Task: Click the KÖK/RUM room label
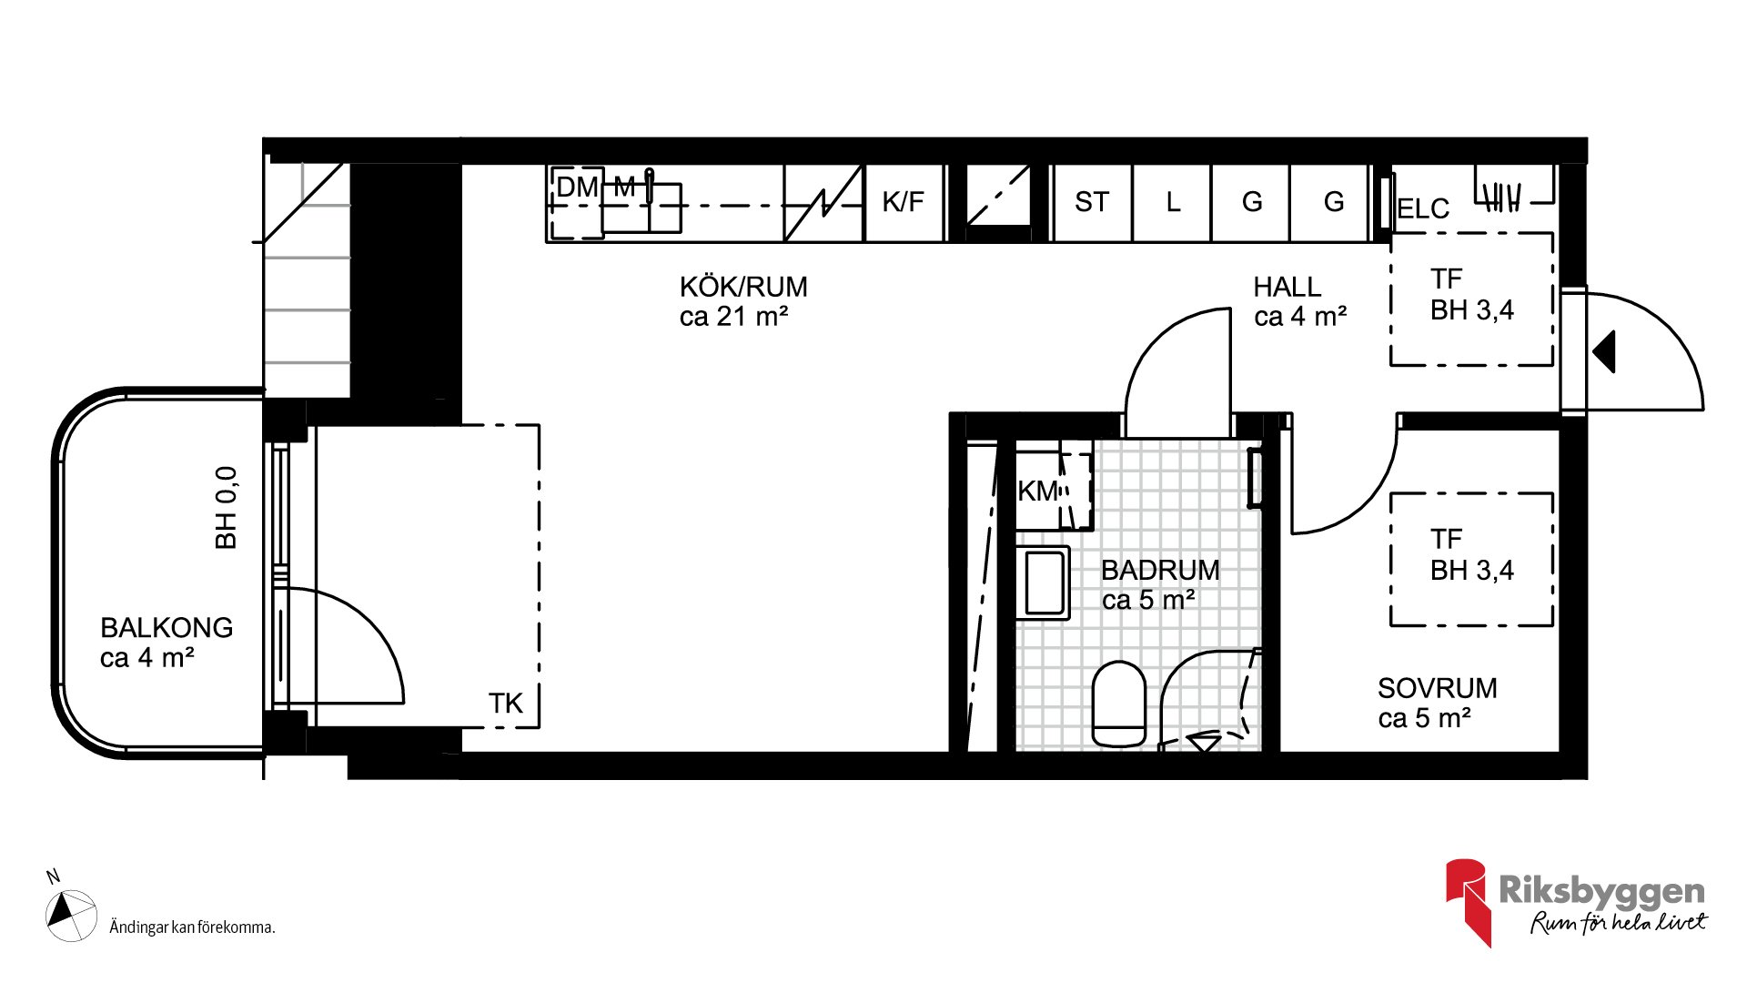tap(743, 288)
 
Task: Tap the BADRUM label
tap(1160, 571)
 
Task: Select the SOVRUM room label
tap(1437, 688)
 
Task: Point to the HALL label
tap(1287, 288)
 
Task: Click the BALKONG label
tap(167, 628)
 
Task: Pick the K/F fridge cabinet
tap(904, 203)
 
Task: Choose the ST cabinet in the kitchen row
tap(1092, 203)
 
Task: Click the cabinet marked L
tap(1172, 203)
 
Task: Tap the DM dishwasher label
tap(577, 187)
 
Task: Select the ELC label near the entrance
tap(1423, 209)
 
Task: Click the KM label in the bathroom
tap(1038, 491)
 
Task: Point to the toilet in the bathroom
tap(1118, 704)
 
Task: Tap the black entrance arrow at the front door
tap(1605, 351)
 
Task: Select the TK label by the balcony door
tap(506, 704)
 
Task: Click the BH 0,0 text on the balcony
tap(226, 508)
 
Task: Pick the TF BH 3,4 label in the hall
tap(1471, 295)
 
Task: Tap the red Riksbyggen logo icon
tap(1468, 901)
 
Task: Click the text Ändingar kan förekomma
tap(192, 927)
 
